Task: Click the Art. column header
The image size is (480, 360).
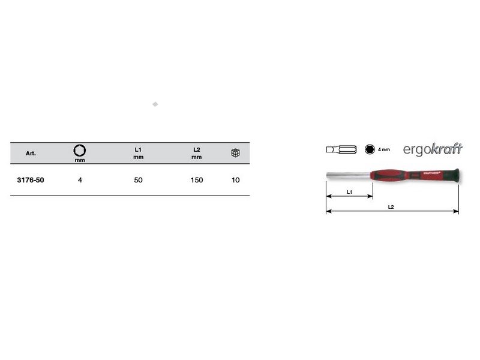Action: tap(31, 154)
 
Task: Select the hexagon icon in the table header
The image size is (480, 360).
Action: tap(80, 151)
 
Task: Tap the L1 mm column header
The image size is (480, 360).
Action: tap(138, 153)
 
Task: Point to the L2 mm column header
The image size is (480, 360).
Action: tap(197, 153)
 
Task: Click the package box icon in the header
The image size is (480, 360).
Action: tap(235, 153)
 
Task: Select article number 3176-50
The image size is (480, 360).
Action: tap(31, 180)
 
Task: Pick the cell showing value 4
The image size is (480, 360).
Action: tap(80, 180)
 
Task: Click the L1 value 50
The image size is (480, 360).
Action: tap(138, 180)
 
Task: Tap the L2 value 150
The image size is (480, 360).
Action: tap(197, 180)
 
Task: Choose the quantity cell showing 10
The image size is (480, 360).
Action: tap(235, 180)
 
